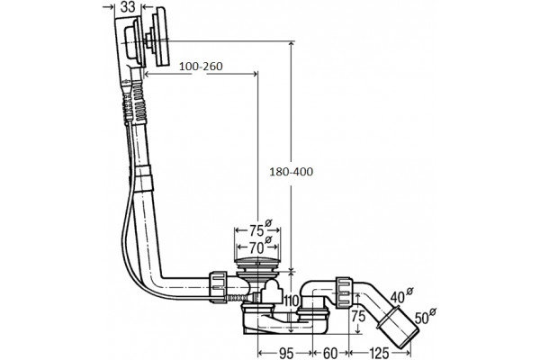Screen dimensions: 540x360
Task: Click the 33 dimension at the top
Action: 128,7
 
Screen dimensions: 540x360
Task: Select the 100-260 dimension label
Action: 201,66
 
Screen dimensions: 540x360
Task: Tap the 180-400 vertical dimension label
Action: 292,172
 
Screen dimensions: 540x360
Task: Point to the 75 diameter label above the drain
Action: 256,230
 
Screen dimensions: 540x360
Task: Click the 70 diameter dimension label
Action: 256,247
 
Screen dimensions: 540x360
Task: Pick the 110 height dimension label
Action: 291,301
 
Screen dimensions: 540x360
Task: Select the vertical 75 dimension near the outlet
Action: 358,315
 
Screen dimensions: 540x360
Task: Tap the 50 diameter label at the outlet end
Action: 422,318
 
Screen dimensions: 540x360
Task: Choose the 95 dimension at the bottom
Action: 285,353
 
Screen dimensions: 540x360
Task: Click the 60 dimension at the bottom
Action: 330,353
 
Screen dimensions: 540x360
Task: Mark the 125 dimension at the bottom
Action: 380,353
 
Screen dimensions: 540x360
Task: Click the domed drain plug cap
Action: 257,261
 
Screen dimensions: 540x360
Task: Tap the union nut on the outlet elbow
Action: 344,291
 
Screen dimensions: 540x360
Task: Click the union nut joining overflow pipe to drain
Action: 218,286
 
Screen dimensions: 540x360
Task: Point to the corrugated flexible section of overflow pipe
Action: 139,103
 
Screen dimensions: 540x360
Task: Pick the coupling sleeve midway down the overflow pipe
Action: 144,178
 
